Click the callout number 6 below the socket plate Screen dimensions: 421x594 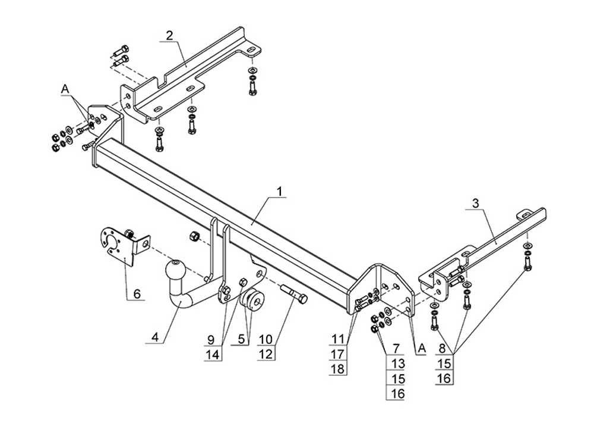pyautogui.click(x=137, y=293)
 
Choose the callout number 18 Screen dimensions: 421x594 pyautogui.click(x=338, y=369)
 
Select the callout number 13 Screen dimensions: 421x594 pyautogui.click(x=397, y=363)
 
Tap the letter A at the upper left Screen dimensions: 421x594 pyautogui.click(x=65, y=89)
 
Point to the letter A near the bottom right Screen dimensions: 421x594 pyautogui.click(x=422, y=348)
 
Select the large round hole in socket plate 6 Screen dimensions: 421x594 pyautogui.click(x=113, y=242)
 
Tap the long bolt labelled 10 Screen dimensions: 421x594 pyautogui.click(x=292, y=294)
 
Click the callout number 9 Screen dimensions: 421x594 pyautogui.click(x=211, y=340)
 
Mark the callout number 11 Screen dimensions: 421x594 pyautogui.click(x=338, y=340)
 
